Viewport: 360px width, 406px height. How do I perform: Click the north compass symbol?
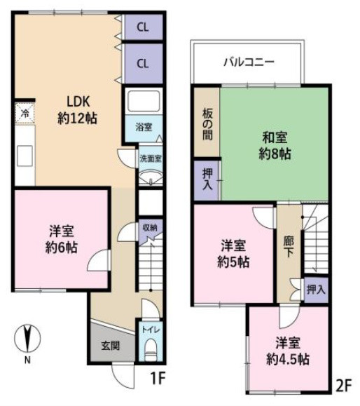click(x=27, y=339)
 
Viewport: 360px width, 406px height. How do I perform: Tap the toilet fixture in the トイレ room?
click(x=151, y=350)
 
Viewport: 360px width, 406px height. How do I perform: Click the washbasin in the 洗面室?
click(x=151, y=177)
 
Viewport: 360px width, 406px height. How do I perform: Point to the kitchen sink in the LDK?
click(x=25, y=156)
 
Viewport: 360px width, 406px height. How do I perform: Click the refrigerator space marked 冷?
click(x=25, y=113)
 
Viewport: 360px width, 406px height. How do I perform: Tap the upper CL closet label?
click(x=143, y=27)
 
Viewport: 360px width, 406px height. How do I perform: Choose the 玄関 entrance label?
click(x=111, y=346)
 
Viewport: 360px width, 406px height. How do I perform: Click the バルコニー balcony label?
click(x=249, y=62)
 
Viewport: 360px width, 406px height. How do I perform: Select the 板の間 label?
click(x=207, y=124)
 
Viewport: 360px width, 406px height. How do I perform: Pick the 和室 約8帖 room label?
click(x=275, y=146)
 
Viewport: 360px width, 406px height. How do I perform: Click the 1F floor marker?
click(x=158, y=379)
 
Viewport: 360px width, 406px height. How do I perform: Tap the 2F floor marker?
click(x=344, y=386)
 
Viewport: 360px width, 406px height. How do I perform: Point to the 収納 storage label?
click(x=150, y=228)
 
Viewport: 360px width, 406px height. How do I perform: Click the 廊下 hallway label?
click(x=289, y=247)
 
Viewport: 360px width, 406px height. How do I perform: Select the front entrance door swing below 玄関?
click(x=123, y=376)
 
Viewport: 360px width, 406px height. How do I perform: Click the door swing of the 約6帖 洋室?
click(x=99, y=260)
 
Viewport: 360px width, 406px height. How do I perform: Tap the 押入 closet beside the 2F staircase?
click(x=316, y=290)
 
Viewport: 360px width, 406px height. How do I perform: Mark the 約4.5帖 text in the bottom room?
click(x=288, y=360)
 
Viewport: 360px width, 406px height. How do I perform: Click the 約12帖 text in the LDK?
click(x=77, y=119)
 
